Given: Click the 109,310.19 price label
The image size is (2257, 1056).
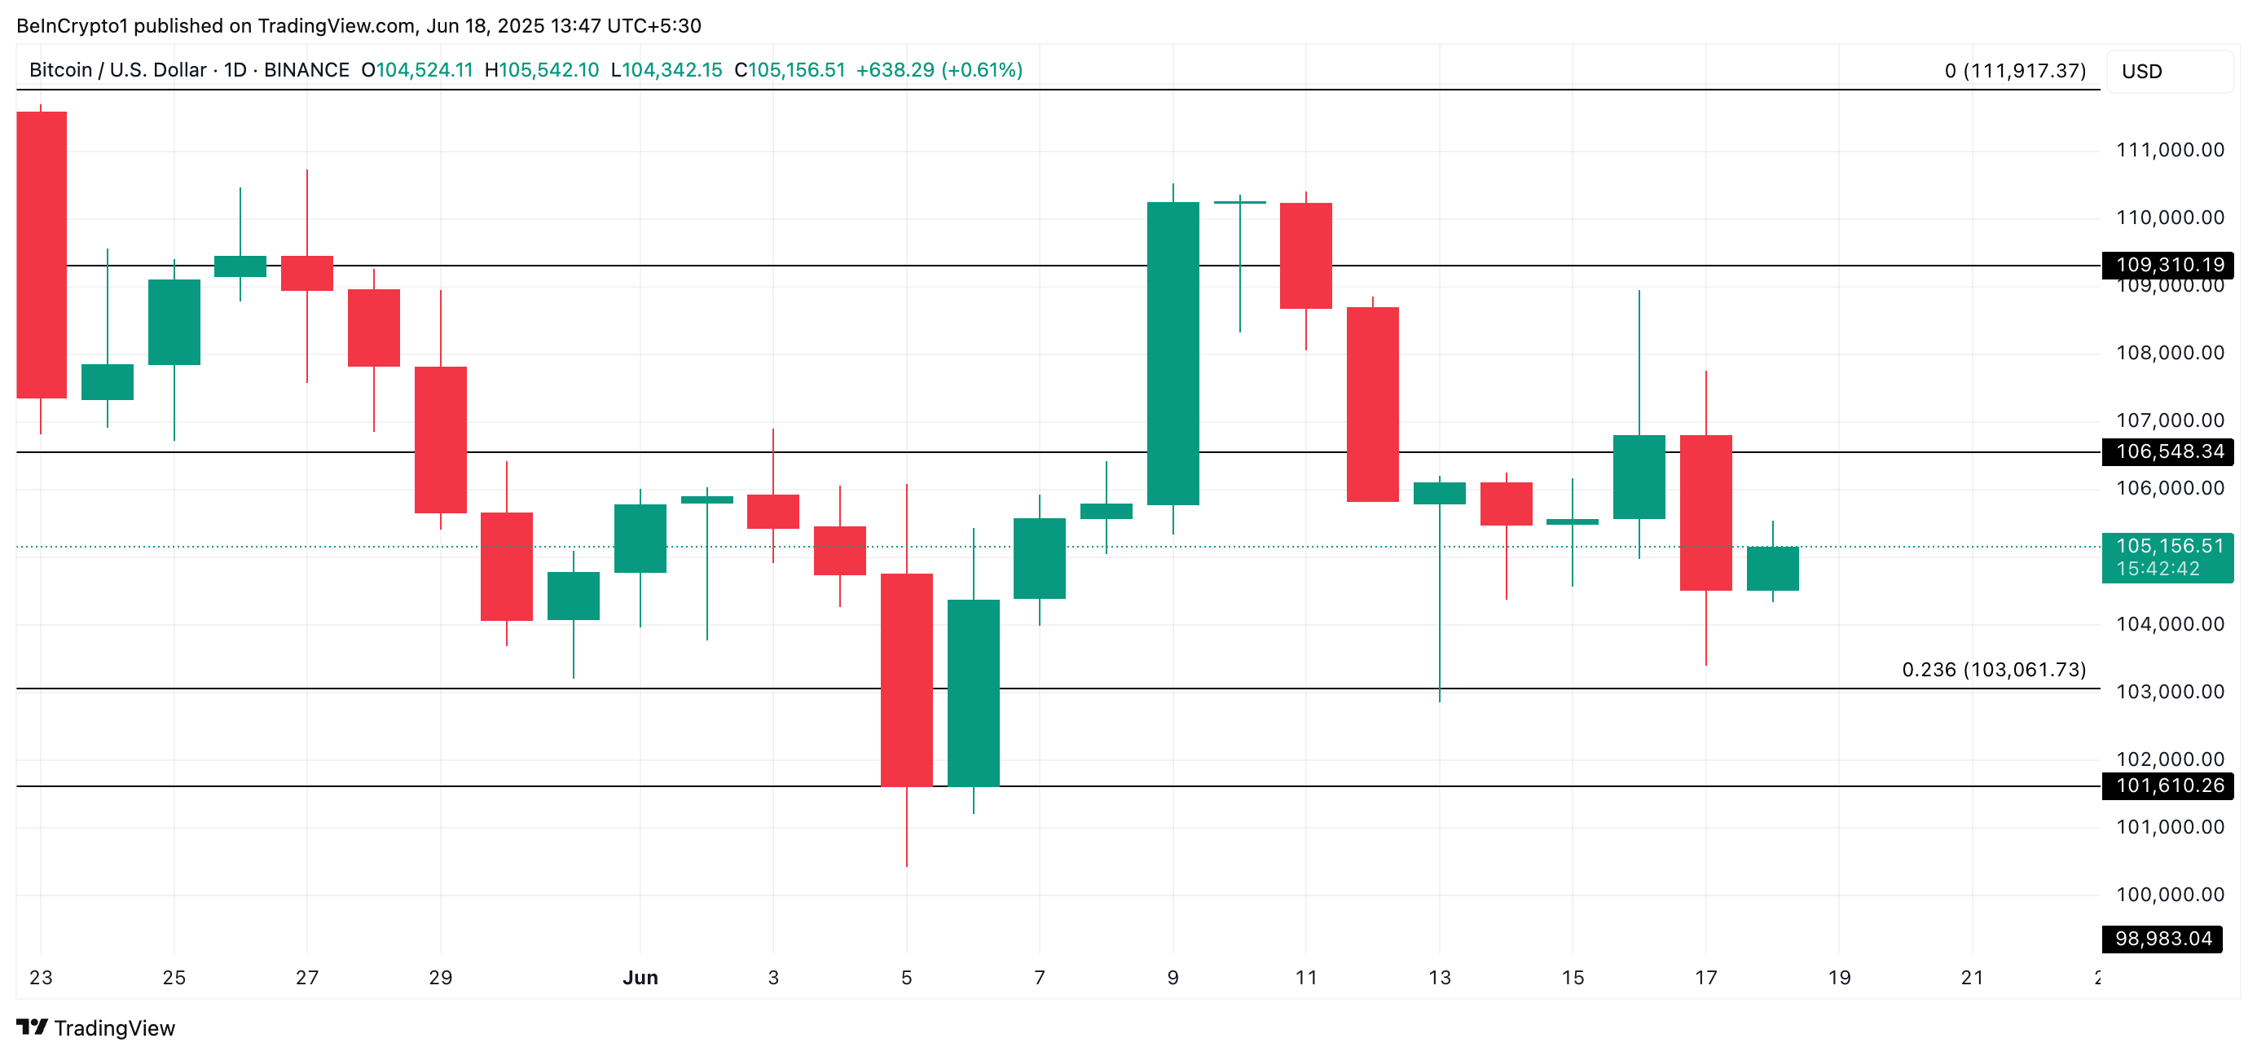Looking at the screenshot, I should pyautogui.click(x=2167, y=265).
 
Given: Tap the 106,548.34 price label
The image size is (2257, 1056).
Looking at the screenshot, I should pyautogui.click(x=2167, y=451).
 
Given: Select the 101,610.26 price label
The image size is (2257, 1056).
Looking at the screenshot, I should pyautogui.click(x=2167, y=785).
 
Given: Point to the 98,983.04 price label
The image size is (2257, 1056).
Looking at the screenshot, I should pyautogui.click(x=2162, y=939).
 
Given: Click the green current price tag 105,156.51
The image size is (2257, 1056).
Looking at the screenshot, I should pyautogui.click(x=2167, y=557).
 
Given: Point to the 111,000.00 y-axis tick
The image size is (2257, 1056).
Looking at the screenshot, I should pyautogui.click(x=2169, y=150).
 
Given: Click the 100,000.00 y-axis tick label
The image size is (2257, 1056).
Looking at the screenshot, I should pyautogui.click(x=2169, y=894).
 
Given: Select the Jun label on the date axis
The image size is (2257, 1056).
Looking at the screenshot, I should pyautogui.click(x=640, y=977).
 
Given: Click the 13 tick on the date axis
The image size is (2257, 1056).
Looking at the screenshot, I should pyautogui.click(x=1439, y=977).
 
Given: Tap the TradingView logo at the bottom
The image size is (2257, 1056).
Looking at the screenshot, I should pyautogui.click(x=96, y=1028).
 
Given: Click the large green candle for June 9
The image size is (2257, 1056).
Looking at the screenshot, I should pyautogui.click(x=1172, y=353).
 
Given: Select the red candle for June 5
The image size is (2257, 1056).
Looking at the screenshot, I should pyautogui.click(x=906, y=680).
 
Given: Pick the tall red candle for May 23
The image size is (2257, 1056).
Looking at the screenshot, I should pyautogui.click(x=42, y=254).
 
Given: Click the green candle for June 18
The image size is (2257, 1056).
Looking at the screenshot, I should pyautogui.click(x=1772, y=568).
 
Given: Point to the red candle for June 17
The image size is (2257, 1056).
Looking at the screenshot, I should pyautogui.click(x=1705, y=513).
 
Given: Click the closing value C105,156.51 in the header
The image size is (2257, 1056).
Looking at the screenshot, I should pyautogui.click(x=790, y=70).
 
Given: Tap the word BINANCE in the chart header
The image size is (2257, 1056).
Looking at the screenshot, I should pyautogui.click(x=306, y=70).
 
